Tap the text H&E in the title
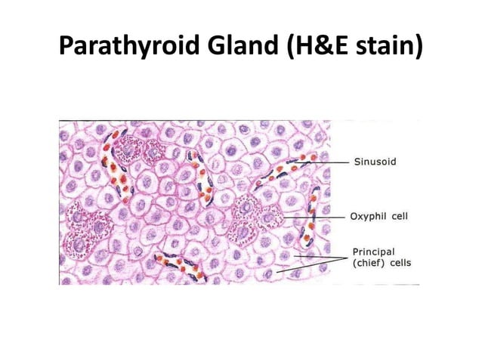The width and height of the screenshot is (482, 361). tap(317, 47)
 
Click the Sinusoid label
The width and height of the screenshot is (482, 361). tap(375, 162)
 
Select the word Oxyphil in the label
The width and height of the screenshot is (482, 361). tap(367, 217)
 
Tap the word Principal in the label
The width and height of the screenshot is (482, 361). tap(372, 252)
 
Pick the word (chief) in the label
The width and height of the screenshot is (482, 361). tap(369, 264)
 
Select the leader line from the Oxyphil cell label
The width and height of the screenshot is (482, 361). tap(317, 218)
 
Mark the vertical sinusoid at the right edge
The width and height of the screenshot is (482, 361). tap(309, 218)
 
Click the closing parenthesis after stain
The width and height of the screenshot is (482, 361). tap(417, 47)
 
